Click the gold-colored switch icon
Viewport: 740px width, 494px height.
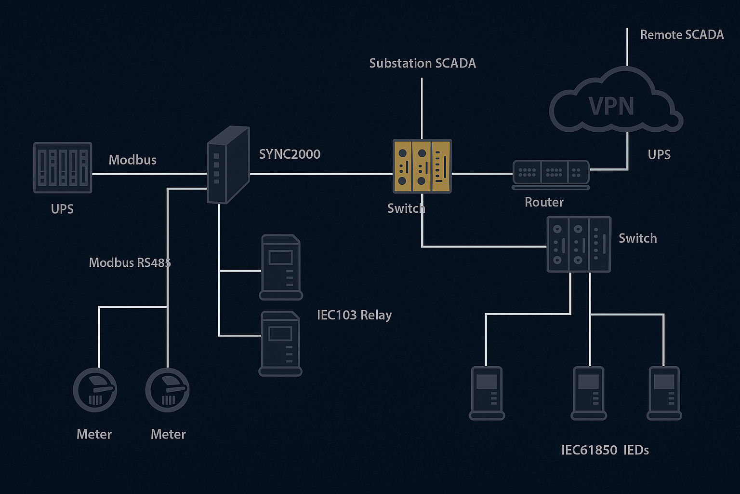422,166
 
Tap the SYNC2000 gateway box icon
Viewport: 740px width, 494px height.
228,165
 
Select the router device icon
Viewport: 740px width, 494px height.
551,174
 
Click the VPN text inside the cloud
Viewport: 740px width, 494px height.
611,107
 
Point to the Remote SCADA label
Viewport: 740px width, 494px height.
682,35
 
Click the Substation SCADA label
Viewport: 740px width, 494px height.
423,63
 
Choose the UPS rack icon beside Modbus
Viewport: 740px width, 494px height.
63,167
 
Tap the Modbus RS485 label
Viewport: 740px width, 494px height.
130,262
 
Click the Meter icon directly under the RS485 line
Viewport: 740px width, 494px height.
167,390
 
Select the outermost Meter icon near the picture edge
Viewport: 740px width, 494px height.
95,390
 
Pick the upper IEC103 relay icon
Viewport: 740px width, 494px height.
281,267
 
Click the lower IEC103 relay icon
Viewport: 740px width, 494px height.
280,343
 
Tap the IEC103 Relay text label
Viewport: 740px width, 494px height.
354,315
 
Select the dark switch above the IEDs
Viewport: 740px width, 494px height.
579,244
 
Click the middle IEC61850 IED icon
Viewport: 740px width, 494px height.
589,393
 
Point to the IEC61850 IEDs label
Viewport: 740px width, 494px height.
605,450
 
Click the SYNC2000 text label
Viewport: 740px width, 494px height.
290,154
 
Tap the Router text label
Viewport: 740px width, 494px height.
544,202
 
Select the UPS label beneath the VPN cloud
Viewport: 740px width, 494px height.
659,154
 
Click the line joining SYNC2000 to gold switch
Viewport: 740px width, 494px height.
321,174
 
